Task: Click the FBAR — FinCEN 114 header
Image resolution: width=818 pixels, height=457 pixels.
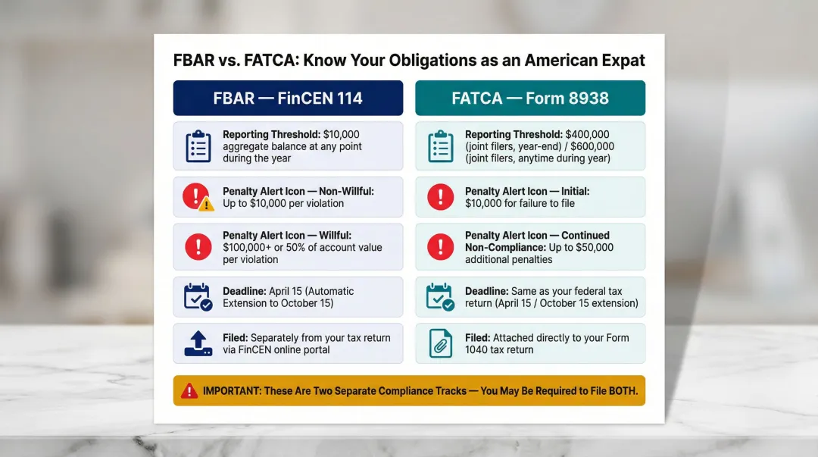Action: pos(288,99)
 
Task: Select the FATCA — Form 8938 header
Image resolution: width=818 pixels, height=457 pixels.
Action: pos(530,99)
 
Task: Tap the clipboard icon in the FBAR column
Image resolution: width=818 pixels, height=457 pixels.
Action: pos(198,146)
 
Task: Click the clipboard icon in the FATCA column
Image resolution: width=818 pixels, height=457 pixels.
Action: pos(440,146)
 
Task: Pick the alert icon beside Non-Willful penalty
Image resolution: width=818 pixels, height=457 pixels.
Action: pos(197,197)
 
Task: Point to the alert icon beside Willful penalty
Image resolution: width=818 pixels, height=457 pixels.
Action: pos(198,247)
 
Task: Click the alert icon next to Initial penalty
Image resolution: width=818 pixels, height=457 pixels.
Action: pos(440,197)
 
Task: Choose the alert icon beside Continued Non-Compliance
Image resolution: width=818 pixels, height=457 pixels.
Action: pos(440,247)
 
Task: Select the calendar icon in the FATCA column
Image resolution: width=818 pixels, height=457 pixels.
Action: pos(440,296)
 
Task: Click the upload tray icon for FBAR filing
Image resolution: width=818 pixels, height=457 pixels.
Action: pos(198,343)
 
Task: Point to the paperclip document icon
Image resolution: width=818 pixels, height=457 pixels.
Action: pos(440,343)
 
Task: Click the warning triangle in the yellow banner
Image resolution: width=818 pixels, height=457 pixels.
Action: pos(189,391)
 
